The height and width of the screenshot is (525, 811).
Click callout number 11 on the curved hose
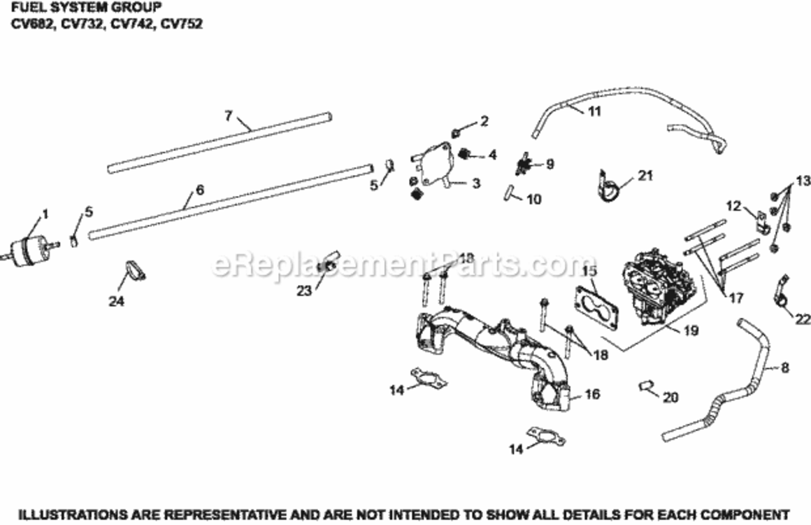click(594, 111)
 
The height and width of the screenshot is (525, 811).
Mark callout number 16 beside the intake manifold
click(591, 395)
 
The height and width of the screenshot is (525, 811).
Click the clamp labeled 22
click(780, 294)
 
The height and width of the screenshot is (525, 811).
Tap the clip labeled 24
click(135, 270)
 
